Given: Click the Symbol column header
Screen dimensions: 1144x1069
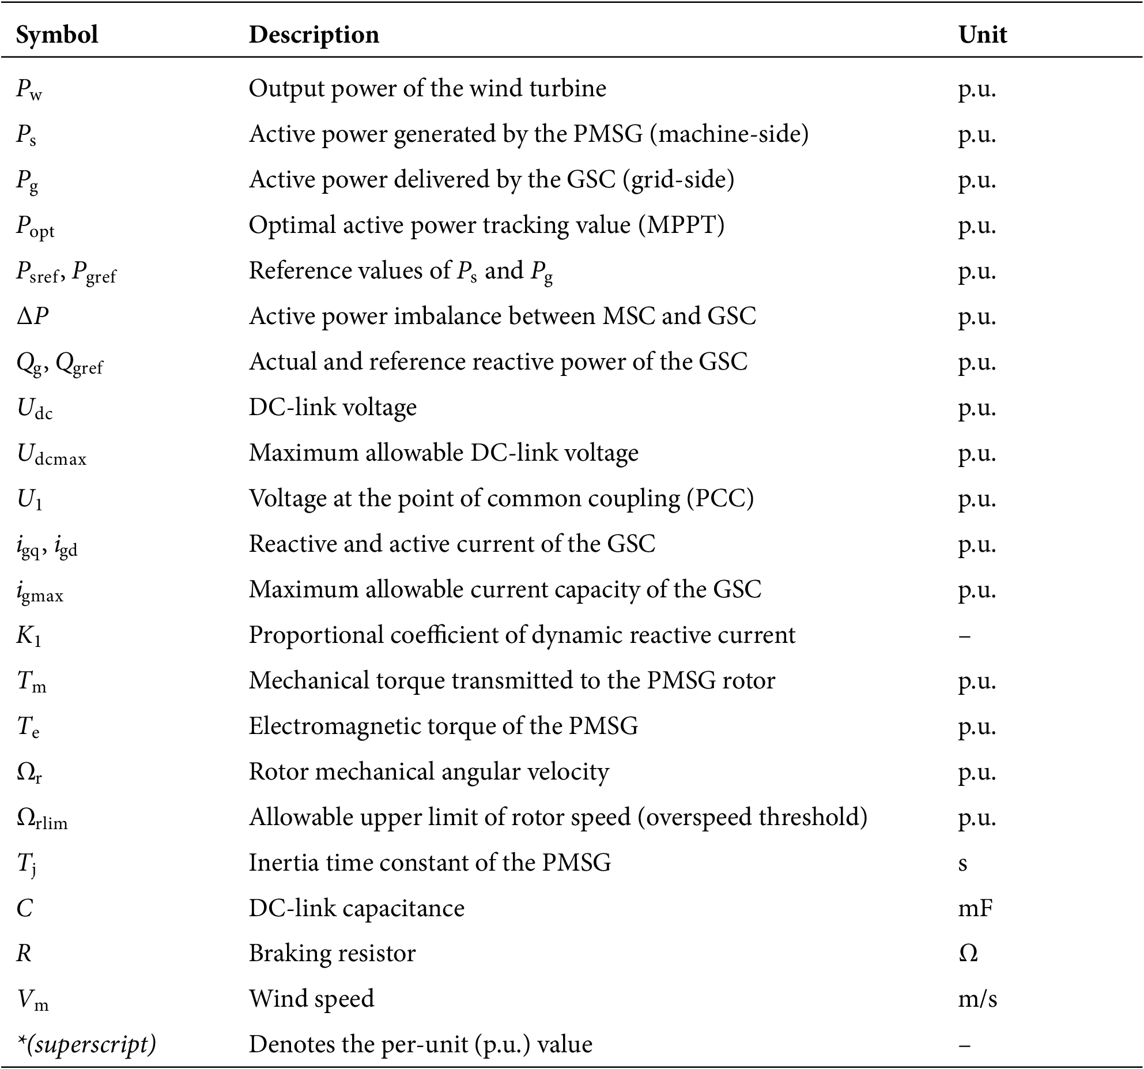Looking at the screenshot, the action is [57, 35].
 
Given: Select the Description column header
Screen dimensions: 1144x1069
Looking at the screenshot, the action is [314, 35].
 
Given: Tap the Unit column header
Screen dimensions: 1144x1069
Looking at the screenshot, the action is [983, 35].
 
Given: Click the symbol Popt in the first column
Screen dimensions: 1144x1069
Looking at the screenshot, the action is [35, 227].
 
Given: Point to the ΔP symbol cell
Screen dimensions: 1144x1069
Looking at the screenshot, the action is [32, 316].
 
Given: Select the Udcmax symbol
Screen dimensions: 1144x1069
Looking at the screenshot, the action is [52, 454].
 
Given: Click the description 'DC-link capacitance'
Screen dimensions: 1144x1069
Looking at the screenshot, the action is [357, 909].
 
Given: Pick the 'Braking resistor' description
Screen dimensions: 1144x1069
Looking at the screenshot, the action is [332, 954].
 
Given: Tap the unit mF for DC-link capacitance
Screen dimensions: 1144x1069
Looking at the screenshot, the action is [975, 909].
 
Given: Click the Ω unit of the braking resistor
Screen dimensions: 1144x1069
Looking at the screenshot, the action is [968, 954].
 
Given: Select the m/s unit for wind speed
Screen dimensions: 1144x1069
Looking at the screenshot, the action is [977, 999].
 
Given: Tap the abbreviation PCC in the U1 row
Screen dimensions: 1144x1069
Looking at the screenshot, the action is [720, 498].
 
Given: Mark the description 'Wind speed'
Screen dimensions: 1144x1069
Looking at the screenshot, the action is [312, 999].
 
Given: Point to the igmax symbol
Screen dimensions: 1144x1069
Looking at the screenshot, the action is [40, 591].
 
